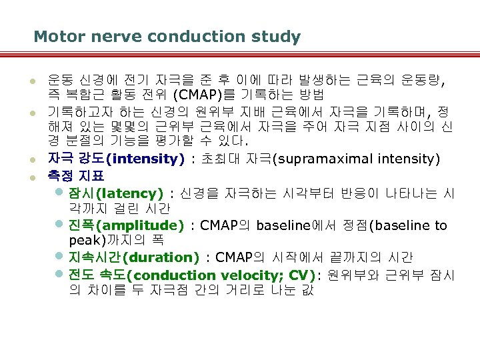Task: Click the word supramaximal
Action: tap(317, 159)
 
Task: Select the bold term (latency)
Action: tap(129, 193)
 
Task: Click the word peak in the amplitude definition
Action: tap(84, 239)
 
